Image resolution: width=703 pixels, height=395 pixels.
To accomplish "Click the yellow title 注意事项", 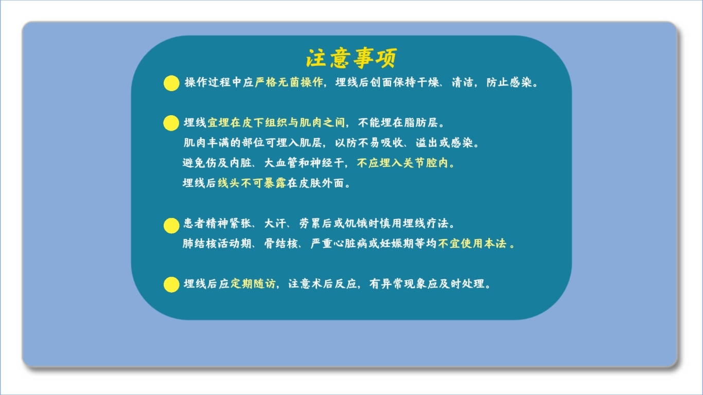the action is click(x=351, y=58).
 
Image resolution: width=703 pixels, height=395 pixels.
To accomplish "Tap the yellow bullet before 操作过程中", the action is click(x=171, y=83).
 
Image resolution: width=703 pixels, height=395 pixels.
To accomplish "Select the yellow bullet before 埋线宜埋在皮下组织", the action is click(x=171, y=123).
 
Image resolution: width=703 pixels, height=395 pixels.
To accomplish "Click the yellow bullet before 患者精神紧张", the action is click(x=171, y=226).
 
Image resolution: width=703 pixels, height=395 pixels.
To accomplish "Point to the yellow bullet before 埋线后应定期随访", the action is click(x=171, y=284).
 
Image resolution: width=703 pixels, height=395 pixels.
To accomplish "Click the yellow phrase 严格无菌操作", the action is click(x=289, y=82).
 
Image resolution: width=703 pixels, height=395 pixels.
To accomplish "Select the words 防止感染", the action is click(x=509, y=82).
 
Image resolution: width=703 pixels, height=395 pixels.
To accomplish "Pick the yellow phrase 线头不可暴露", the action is click(x=252, y=183).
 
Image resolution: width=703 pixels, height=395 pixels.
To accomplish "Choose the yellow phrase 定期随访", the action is click(x=253, y=284).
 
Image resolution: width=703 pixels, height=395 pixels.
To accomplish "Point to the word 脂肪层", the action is click(x=421, y=123).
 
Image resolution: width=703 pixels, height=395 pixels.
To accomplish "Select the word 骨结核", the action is click(x=281, y=243).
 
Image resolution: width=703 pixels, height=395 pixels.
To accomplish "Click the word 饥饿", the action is click(x=356, y=223).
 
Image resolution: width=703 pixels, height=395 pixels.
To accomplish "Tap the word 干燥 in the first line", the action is click(x=428, y=82).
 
